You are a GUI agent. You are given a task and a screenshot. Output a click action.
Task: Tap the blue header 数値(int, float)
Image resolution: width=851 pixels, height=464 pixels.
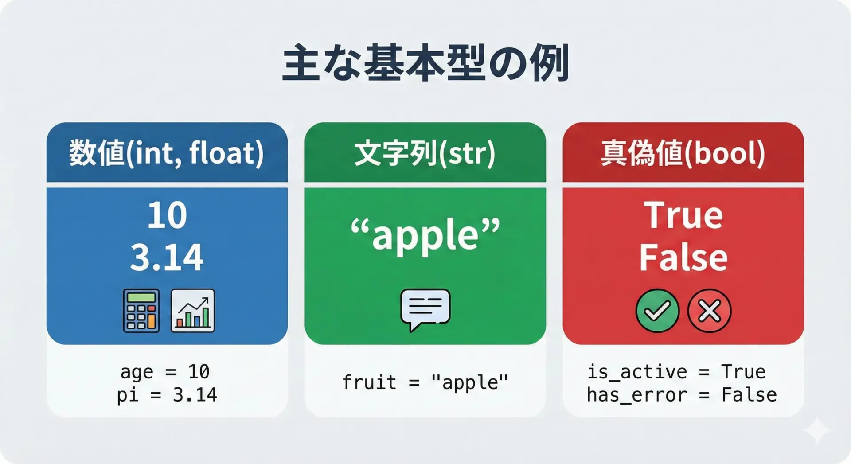(167, 152)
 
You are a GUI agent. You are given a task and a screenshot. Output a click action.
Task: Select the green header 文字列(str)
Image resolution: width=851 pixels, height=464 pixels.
(425, 153)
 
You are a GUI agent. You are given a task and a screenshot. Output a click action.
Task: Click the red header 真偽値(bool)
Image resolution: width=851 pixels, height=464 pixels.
(683, 153)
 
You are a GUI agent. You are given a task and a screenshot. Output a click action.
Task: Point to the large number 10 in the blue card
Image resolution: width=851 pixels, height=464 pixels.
(167, 215)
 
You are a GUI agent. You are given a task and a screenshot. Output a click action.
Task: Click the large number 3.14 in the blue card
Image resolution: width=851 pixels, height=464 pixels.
(167, 257)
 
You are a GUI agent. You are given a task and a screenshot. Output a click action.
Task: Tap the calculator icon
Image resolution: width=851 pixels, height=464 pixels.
(141, 311)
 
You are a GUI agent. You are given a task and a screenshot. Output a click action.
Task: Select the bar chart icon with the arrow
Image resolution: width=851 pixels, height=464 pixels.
(193, 311)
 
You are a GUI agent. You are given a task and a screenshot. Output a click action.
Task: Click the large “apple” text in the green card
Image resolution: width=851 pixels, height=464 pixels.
(425, 235)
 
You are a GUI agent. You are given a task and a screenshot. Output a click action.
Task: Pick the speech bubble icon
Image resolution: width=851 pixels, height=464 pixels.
(425, 309)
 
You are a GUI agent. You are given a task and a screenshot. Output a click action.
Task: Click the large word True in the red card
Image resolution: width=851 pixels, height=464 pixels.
(683, 215)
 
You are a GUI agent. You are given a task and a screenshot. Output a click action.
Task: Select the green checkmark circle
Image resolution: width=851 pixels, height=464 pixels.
(657, 311)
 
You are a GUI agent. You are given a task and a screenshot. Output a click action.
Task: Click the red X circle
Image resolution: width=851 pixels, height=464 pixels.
(709, 311)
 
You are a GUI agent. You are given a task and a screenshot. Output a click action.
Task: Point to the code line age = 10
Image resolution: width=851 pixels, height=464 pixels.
(165, 372)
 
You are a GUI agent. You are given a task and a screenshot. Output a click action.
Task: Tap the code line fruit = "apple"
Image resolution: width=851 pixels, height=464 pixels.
(425, 382)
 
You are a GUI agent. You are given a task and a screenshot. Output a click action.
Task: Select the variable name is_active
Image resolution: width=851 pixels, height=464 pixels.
(637, 372)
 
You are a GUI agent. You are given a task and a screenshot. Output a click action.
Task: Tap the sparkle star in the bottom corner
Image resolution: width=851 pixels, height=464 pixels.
(817, 430)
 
